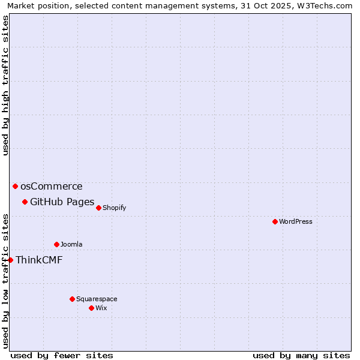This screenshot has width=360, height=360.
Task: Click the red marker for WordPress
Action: pyautogui.click(x=275, y=221)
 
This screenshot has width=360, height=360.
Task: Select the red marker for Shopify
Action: pyautogui.click(x=98, y=208)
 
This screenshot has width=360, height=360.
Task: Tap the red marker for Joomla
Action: pyautogui.click(x=56, y=244)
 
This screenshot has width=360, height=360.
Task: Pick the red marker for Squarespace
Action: pyautogui.click(x=72, y=299)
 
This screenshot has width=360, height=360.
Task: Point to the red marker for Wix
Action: pyautogui.click(x=91, y=308)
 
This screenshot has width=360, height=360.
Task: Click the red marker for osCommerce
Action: pyautogui.click(x=15, y=186)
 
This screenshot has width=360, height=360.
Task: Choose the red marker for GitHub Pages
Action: pyautogui.click(x=25, y=202)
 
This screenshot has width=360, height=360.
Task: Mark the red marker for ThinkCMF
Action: pyautogui.click(x=10, y=260)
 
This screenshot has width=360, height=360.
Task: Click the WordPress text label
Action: pyautogui.click(x=296, y=221)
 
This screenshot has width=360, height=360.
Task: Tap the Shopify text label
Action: pyautogui.click(x=114, y=208)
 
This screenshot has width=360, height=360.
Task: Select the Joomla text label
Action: pyautogui.click(x=71, y=244)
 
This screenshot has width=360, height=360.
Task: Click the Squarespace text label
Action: pyautogui.click(x=97, y=299)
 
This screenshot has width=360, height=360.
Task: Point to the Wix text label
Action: pyautogui.click(x=101, y=308)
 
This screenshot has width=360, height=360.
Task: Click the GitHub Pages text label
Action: pyautogui.click(x=62, y=202)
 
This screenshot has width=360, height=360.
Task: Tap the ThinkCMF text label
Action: pyautogui.click(x=39, y=260)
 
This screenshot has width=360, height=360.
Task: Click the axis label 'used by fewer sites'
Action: pyautogui.click(x=62, y=355)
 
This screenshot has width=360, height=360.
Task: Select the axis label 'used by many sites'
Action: pyautogui.click(x=301, y=355)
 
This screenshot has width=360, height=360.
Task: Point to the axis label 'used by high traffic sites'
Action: pyautogui.click(x=6, y=85)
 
